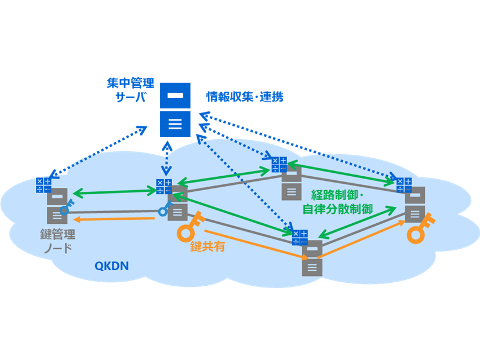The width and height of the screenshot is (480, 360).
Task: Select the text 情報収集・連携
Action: (x=245, y=97)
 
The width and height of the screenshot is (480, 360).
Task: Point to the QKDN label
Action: (x=111, y=266)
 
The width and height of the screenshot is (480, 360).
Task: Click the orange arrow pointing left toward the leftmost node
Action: (x=116, y=219)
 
